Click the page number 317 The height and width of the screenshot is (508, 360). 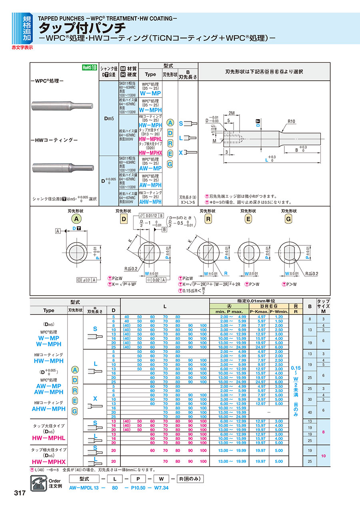[x=20, y=493]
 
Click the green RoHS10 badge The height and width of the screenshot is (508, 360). [x=90, y=68]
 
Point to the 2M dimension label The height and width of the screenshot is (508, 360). [x=232, y=113]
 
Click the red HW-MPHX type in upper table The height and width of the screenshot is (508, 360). [x=150, y=153]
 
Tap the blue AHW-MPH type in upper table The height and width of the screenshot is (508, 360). [x=150, y=202]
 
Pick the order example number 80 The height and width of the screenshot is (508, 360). [x=115, y=488]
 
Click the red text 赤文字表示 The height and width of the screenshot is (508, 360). [x=22, y=47]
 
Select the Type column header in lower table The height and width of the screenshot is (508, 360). [x=48, y=310]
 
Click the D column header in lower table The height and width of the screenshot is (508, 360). [x=114, y=310]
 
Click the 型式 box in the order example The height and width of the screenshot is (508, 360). [x=84, y=478]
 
